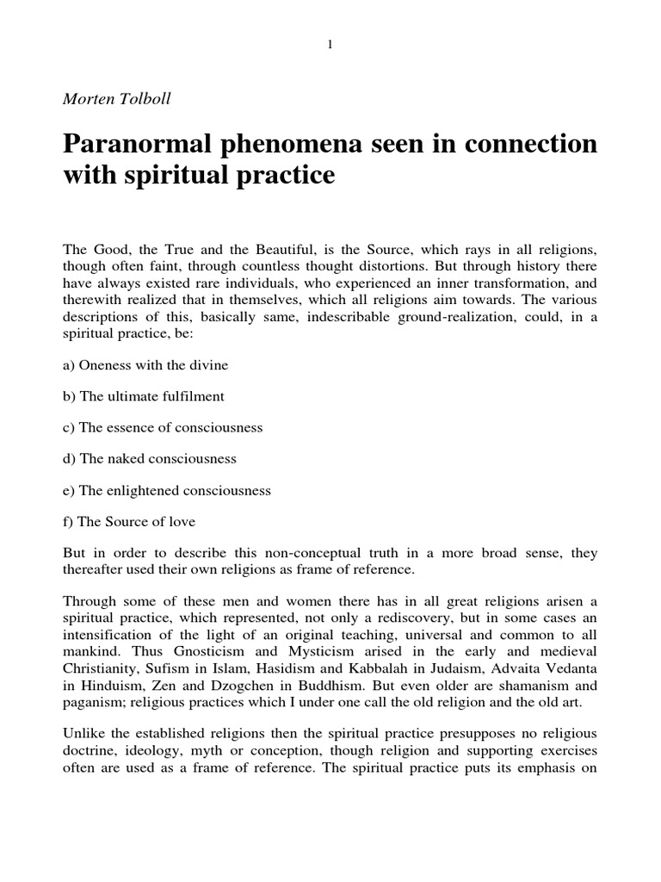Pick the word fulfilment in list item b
pyautogui.click(x=193, y=396)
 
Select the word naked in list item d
pyautogui.click(x=120, y=459)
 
